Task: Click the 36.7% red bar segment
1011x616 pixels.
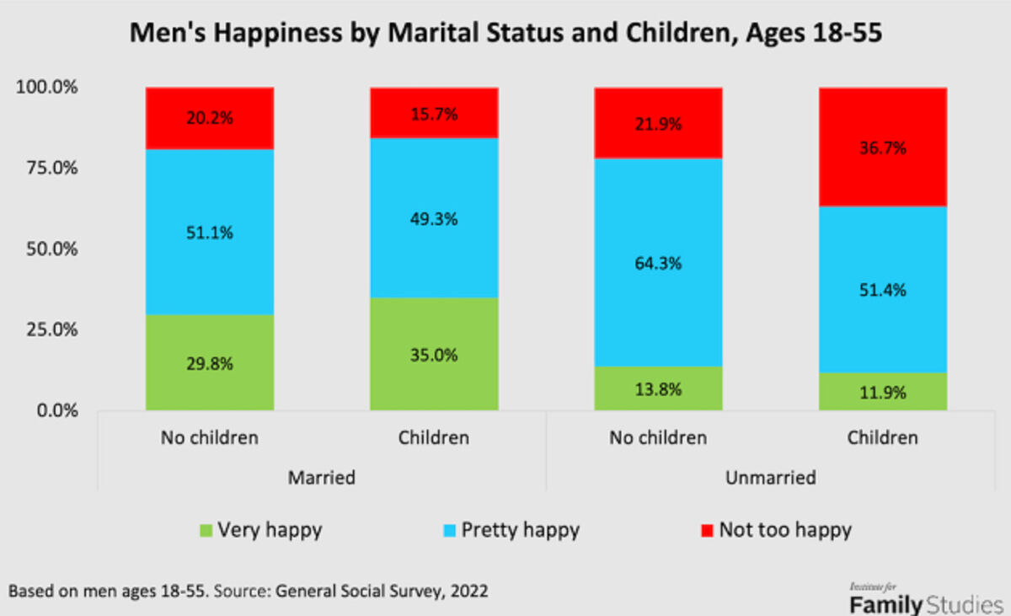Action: pyautogui.click(x=883, y=147)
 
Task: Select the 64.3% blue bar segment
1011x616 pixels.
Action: pyautogui.click(x=658, y=261)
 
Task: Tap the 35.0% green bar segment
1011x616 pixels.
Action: pyautogui.click(x=434, y=354)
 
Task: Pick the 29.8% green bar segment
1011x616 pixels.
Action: pyautogui.click(x=210, y=362)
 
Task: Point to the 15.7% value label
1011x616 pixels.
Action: pyautogui.click(x=434, y=114)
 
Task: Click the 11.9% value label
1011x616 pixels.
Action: pyautogui.click(x=883, y=392)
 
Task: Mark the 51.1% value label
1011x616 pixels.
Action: pyautogui.click(x=210, y=232)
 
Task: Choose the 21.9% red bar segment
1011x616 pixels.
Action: pyautogui.click(x=658, y=123)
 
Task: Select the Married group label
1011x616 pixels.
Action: pyautogui.click(x=322, y=477)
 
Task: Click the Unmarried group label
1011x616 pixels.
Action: pyautogui.click(x=770, y=477)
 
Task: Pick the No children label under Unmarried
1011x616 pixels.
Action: pyautogui.click(x=658, y=437)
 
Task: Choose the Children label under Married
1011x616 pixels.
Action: pyautogui.click(x=434, y=437)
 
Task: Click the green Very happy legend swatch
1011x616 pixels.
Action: pyautogui.click(x=206, y=531)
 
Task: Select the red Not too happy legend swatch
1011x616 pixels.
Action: pyautogui.click(x=706, y=531)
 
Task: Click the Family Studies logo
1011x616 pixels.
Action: pyautogui.click(x=926, y=599)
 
